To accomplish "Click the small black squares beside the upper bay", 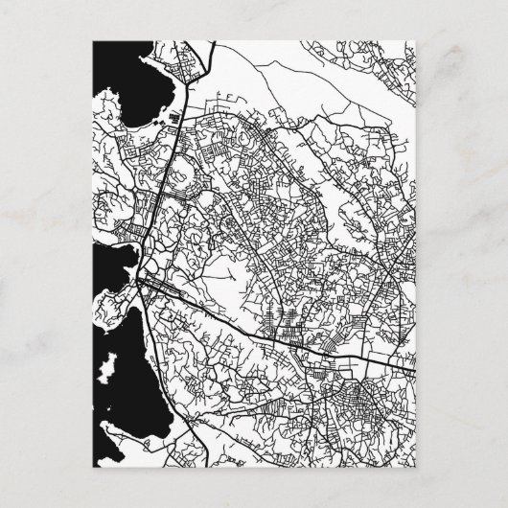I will [178, 120].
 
